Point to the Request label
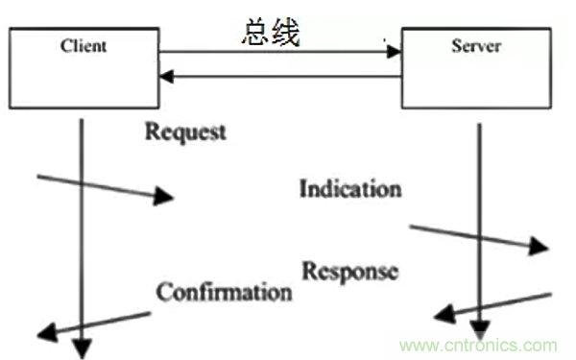point(185,130)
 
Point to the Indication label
point(349,187)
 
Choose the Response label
point(349,271)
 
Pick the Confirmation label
point(224,290)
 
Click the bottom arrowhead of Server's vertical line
point(478,331)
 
